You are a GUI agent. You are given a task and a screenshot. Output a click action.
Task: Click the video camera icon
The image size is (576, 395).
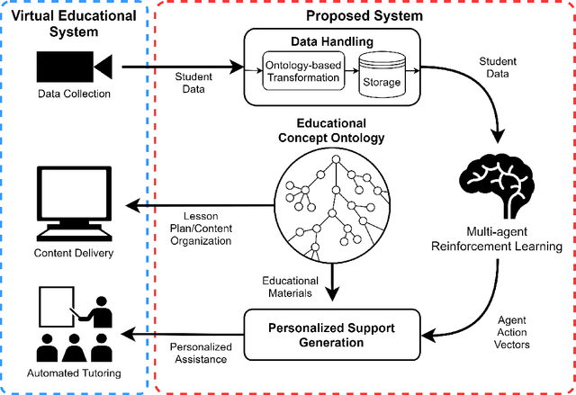pos(74,66)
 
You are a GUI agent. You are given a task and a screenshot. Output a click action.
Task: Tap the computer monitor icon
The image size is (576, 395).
pos(74,204)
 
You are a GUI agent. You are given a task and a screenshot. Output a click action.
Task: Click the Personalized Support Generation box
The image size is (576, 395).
pos(333,333)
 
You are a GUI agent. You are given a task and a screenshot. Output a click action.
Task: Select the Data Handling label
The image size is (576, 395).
pos(333,41)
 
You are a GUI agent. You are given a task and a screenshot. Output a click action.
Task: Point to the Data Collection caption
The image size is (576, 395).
pos(74,94)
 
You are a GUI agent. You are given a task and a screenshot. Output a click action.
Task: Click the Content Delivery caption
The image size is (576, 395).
pos(74,254)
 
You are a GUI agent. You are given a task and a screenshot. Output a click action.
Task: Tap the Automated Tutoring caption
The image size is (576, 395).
pos(74,372)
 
